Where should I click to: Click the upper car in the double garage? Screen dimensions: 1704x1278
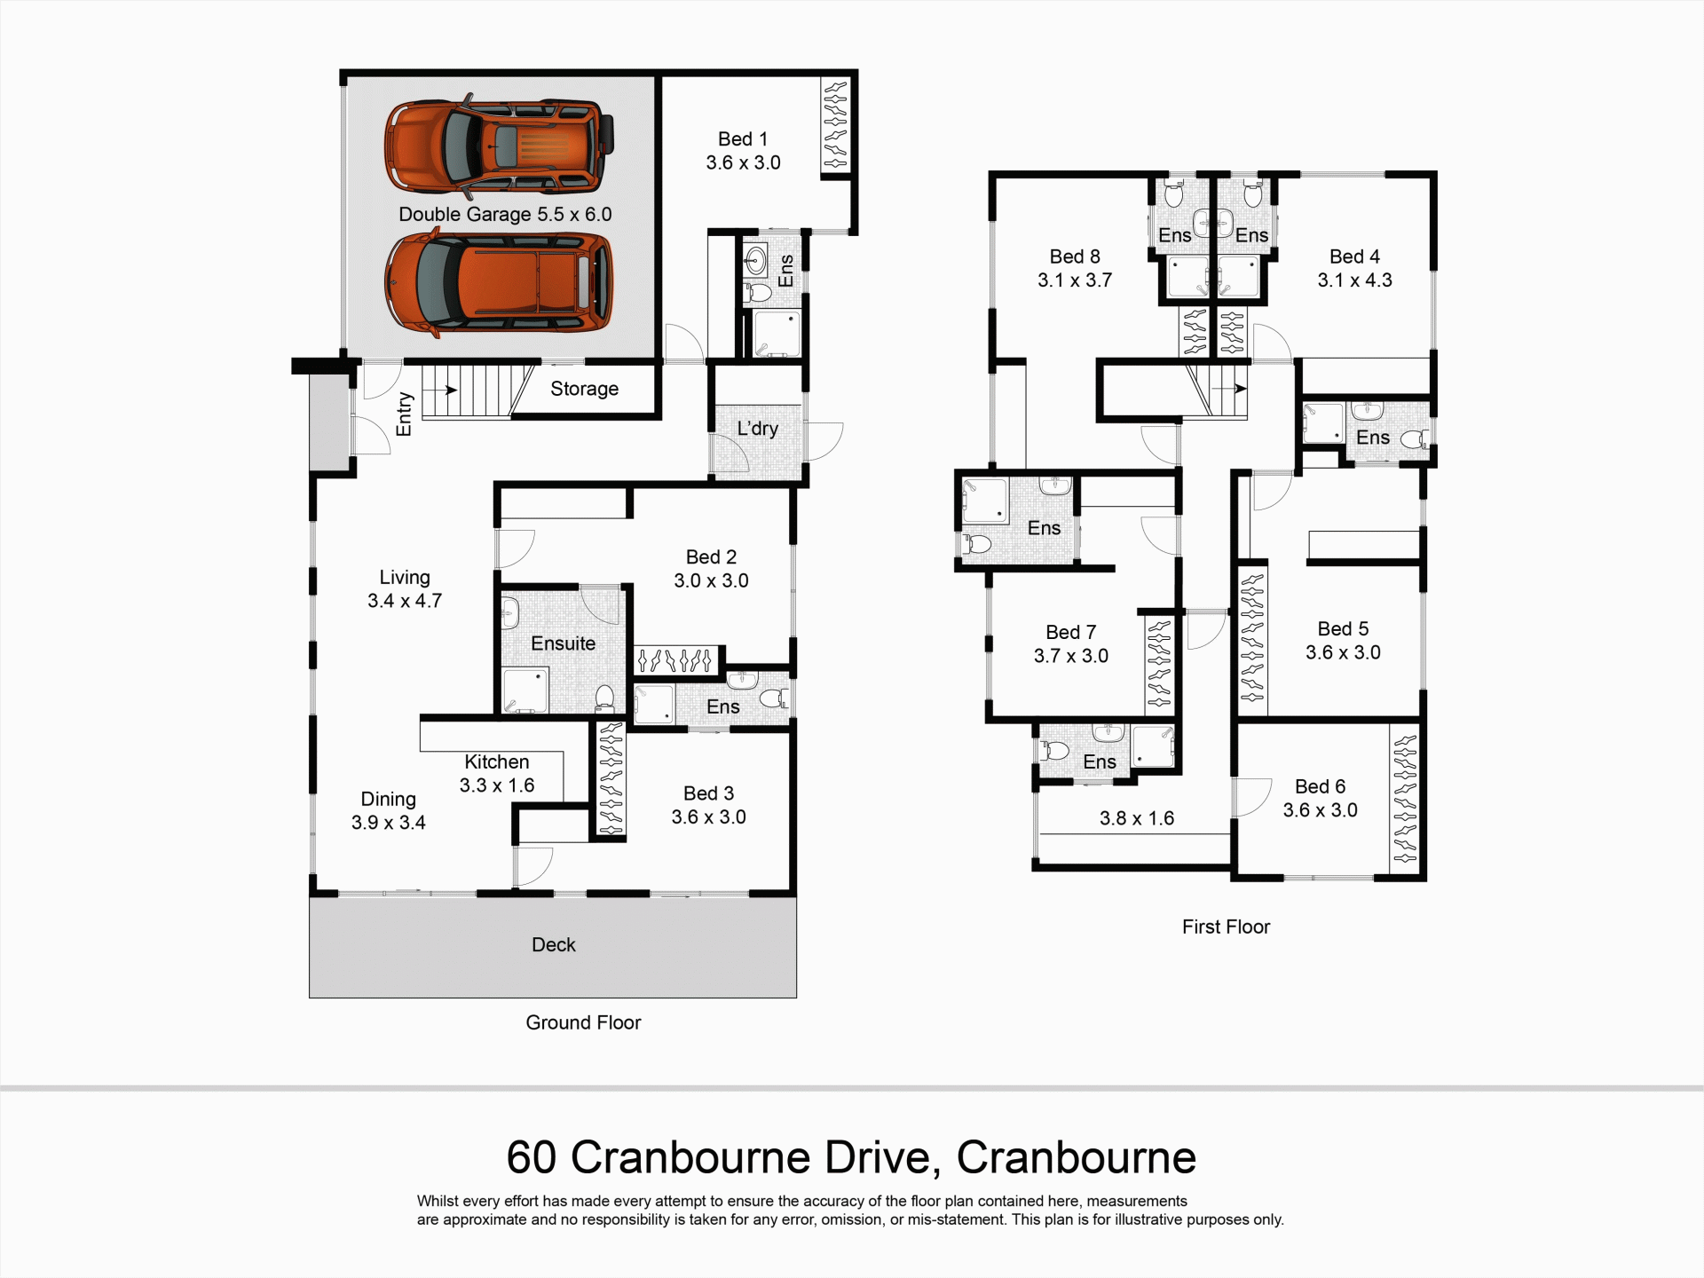499,146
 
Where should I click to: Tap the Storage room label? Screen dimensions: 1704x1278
584,389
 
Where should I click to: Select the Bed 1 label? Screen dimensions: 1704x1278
743,139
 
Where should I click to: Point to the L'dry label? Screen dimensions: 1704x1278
758,429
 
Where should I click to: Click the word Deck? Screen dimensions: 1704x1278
554,945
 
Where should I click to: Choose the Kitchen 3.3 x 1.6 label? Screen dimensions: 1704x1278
497,774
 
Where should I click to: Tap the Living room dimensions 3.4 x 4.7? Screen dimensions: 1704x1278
405,601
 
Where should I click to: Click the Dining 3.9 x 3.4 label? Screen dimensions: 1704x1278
389,811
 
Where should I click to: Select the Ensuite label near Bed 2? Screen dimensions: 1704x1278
564,643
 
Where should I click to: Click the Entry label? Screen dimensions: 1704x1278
404,414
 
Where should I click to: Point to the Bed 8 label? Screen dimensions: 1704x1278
1075,256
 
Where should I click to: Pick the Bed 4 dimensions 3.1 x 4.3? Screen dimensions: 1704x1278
1355,280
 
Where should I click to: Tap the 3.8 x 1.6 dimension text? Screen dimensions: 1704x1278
1137,818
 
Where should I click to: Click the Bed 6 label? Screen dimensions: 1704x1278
1321,786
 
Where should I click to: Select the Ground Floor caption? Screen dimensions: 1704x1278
583,1022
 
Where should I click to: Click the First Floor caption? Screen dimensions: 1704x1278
1226,927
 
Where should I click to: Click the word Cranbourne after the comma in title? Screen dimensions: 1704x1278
1077,1157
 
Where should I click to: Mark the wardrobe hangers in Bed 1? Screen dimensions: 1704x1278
835,125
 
